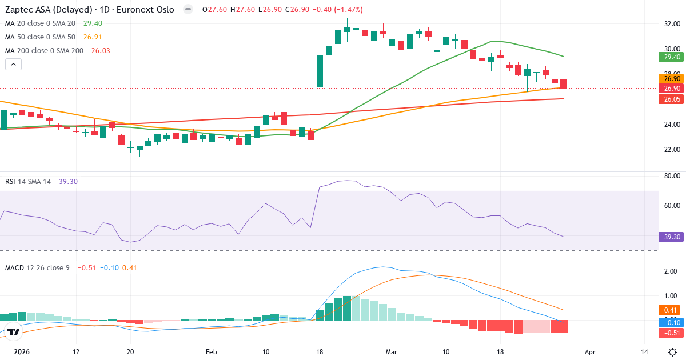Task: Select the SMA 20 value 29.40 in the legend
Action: pyautogui.click(x=93, y=23)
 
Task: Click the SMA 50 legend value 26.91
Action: pyautogui.click(x=93, y=37)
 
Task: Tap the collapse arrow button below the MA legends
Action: pyautogui.click(x=13, y=65)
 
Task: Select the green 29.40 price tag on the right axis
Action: pyautogui.click(x=669, y=57)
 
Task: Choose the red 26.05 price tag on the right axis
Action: pyautogui.click(x=669, y=99)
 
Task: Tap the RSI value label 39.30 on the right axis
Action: pyautogui.click(x=669, y=237)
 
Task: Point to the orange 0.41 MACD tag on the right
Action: pyautogui.click(x=669, y=310)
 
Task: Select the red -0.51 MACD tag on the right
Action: pyautogui.click(x=669, y=333)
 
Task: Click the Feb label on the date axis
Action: pyautogui.click(x=212, y=352)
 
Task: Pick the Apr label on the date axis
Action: pyautogui.click(x=591, y=352)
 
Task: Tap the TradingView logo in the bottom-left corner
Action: pyautogui.click(x=14, y=331)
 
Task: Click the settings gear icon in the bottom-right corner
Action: pyautogui.click(x=672, y=352)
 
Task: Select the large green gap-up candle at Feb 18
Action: pyautogui.click(x=320, y=71)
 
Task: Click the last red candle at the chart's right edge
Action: pyautogui.click(x=564, y=83)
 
